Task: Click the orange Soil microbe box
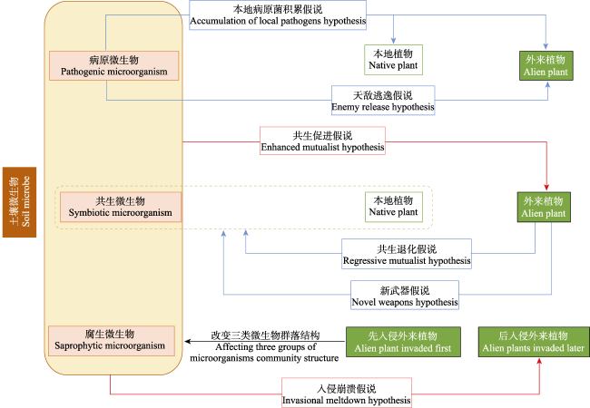pyautogui.click(x=19, y=203)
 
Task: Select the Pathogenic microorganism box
pyautogui.click(x=114, y=64)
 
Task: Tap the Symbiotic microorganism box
pyautogui.click(x=121, y=206)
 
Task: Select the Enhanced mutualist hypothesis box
pyautogui.click(x=322, y=140)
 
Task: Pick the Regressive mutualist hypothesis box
pyautogui.click(x=407, y=255)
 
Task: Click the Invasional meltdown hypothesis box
pyautogui.click(x=347, y=393)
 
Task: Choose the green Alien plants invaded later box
pyautogui.click(x=532, y=341)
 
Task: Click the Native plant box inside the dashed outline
pyautogui.click(x=393, y=206)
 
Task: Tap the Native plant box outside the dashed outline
pyautogui.click(x=393, y=59)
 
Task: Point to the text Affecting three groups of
pyautogui.click(x=265, y=347)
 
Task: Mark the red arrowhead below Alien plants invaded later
pyautogui.click(x=541, y=361)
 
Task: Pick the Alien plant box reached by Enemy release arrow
pyautogui.click(x=545, y=64)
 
